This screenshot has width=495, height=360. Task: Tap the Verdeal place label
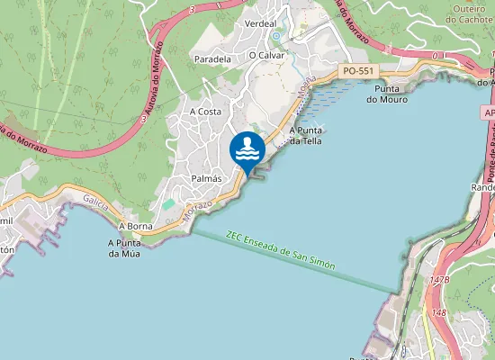(260, 23)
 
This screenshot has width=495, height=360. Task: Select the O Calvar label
(265, 55)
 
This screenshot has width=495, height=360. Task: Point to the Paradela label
(212, 58)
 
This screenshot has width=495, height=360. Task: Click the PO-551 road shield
(358, 70)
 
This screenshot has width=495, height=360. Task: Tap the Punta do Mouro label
(386, 94)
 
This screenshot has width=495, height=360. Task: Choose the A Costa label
(205, 111)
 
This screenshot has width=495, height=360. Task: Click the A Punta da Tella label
(306, 136)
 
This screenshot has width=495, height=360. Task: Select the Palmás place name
(207, 179)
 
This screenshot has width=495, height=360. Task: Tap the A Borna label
(134, 224)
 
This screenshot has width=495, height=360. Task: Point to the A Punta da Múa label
(127, 247)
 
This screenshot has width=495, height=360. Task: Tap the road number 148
(439, 312)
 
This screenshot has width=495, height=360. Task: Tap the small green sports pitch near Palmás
(169, 204)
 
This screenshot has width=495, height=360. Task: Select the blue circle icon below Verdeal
(276, 36)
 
